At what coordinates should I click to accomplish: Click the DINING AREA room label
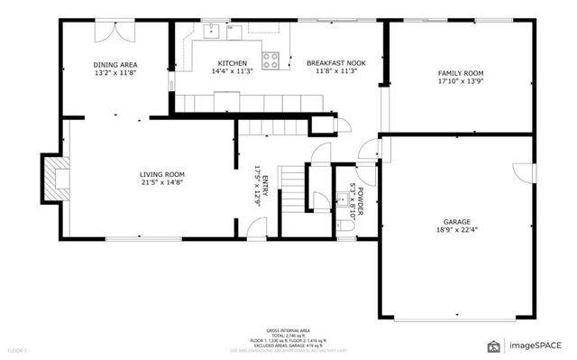tap(114, 65)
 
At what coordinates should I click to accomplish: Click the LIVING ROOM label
tap(162, 174)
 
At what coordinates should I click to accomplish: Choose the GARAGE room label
tap(456, 221)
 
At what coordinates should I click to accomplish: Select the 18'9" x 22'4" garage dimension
tap(456, 229)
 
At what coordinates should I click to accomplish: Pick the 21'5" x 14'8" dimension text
tap(162, 182)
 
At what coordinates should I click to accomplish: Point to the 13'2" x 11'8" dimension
tap(114, 73)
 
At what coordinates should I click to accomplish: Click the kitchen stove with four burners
tap(270, 60)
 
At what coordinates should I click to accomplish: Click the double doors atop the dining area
tap(117, 30)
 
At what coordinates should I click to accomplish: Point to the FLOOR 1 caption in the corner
tap(17, 349)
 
